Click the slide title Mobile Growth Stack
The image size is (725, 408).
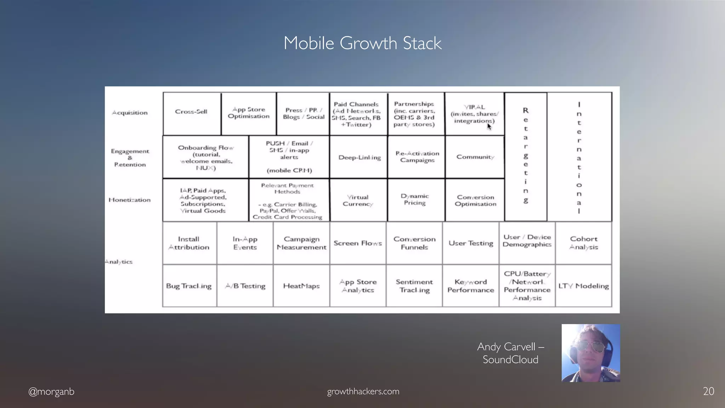click(x=362, y=43)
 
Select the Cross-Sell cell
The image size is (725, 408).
click(x=191, y=112)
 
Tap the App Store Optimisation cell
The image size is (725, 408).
click(x=249, y=113)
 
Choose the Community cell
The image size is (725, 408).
click(x=475, y=157)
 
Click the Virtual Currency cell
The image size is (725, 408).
click(x=358, y=200)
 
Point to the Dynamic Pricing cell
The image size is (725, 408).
click(x=415, y=199)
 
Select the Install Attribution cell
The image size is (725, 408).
click(x=189, y=243)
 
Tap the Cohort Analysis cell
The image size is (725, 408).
click(x=584, y=243)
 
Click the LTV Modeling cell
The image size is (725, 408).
click(x=584, y=286)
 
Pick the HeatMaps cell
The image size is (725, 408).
click(x=301, y=286)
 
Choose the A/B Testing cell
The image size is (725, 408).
click(x=245, y=286)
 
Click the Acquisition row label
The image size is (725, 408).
click(x=130, y=113)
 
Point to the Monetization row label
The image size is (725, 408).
click(x=130, y=200)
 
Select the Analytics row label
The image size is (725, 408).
click(x=119, y=262)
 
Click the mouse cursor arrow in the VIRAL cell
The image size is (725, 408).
click(x=489, y=126)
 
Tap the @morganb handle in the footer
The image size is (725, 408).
click(x=51, y=391)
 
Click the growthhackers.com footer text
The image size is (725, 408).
click(x=363, y=391)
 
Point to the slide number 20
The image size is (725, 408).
click(x=708, y=391)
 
